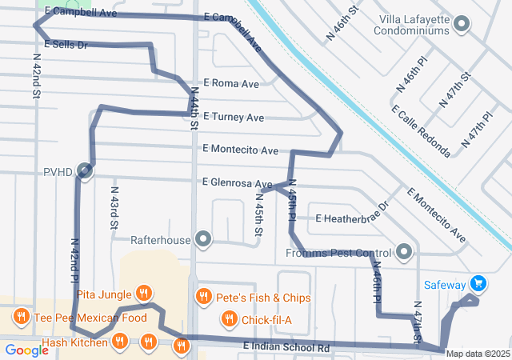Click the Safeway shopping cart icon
point(478,282)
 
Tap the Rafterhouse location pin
point(204,238)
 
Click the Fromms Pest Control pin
point(404,253)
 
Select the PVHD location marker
point(85,171)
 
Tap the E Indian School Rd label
point(286,348)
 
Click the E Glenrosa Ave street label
point(238,183)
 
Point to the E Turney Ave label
point(233,118)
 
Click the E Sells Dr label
point(66,45)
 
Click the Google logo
point(26,350)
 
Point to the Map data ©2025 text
point(478,354)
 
